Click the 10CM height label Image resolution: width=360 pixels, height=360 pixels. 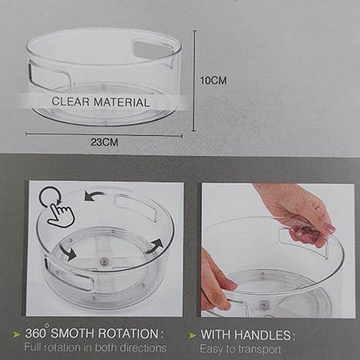[214, 81]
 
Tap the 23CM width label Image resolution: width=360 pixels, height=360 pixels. [105, 142]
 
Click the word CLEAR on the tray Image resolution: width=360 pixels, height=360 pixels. [70, 101]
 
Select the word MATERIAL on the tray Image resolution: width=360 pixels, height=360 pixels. [122, 102]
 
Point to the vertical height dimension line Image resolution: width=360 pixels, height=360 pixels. [194, 81]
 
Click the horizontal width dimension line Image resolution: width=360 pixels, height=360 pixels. [104, 135]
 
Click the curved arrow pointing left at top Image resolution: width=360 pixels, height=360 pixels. [94, 197]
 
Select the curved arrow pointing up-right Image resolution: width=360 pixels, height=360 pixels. [156, 246]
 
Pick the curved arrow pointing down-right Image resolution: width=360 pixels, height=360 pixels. [68, 252]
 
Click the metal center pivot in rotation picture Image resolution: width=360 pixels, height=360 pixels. [105, 261]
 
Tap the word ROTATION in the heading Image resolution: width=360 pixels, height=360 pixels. [129, 334]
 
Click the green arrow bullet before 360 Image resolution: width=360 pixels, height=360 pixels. [17, 334]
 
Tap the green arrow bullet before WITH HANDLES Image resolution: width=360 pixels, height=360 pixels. [192, 335]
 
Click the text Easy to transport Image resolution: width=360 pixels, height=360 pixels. [241, 349]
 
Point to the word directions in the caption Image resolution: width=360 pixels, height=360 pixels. [142, 348]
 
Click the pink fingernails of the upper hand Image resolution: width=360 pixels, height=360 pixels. [327, 228]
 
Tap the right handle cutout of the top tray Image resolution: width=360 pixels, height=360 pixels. [153, 49]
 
